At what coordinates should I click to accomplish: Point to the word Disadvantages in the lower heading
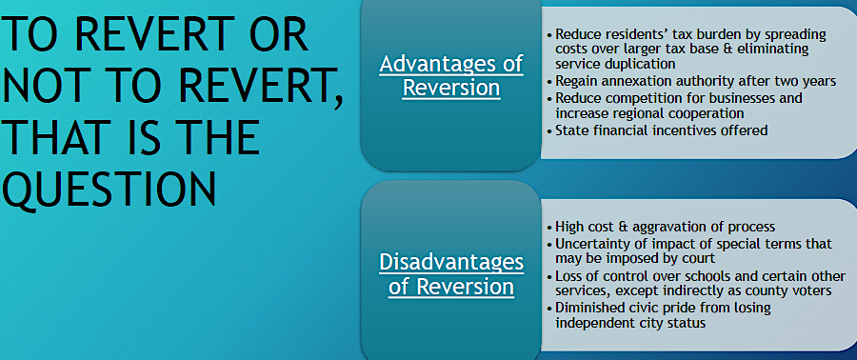pyautogui.click(x=451, y=262)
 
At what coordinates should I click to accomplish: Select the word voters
pyautogui.click(x=813, y=291)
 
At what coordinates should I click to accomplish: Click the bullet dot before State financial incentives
pyautogui.click(x=549, y=131)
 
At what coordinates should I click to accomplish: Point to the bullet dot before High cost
pyautogui.click(x=549, y=228)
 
